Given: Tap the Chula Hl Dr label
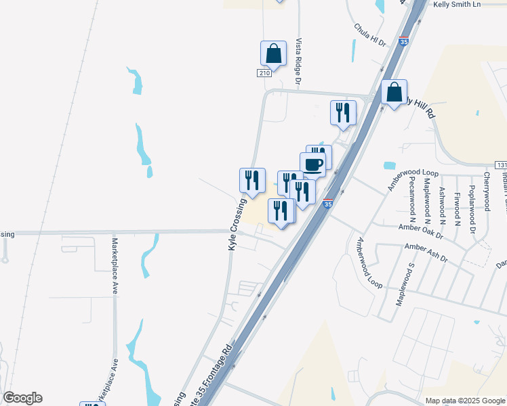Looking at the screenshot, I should pos(369,35).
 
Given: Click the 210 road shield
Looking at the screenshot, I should pos(264,73).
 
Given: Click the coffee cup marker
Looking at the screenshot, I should pos(312,164).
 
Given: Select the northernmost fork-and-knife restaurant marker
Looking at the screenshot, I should pos(343,112).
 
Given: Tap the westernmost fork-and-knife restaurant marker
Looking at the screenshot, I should pos(252,181).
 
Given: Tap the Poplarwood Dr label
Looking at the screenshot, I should pos(473,202).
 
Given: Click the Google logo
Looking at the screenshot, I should pos(22,398).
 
